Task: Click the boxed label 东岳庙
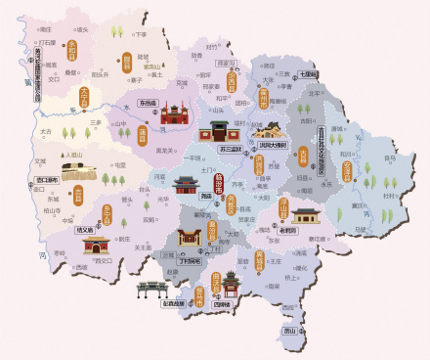coord(148,102)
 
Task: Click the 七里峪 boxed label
coord(308,73)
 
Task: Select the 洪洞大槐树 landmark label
coord(274,144)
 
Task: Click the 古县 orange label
coord(303,157)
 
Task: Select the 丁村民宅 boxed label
coord(191,261)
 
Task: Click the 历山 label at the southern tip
coord(288,332)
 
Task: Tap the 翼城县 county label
coord(260,260)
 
